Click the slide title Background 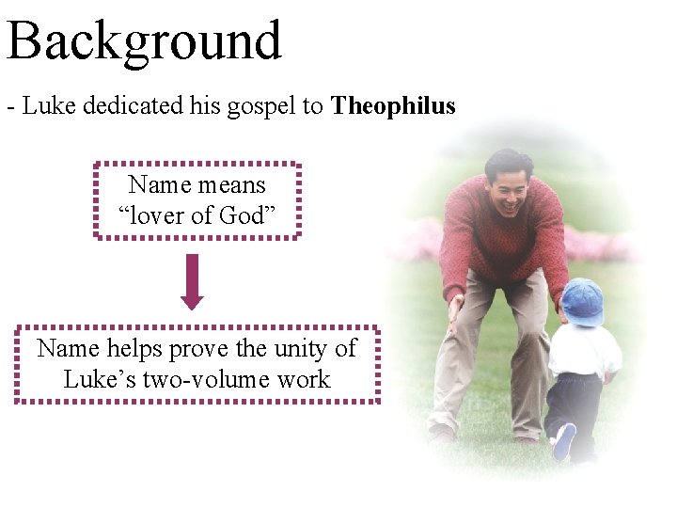144,41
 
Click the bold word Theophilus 393,106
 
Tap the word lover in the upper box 156,215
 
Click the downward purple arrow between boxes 192,280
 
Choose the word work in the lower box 307,379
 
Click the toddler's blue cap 583,301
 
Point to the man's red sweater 503,235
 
